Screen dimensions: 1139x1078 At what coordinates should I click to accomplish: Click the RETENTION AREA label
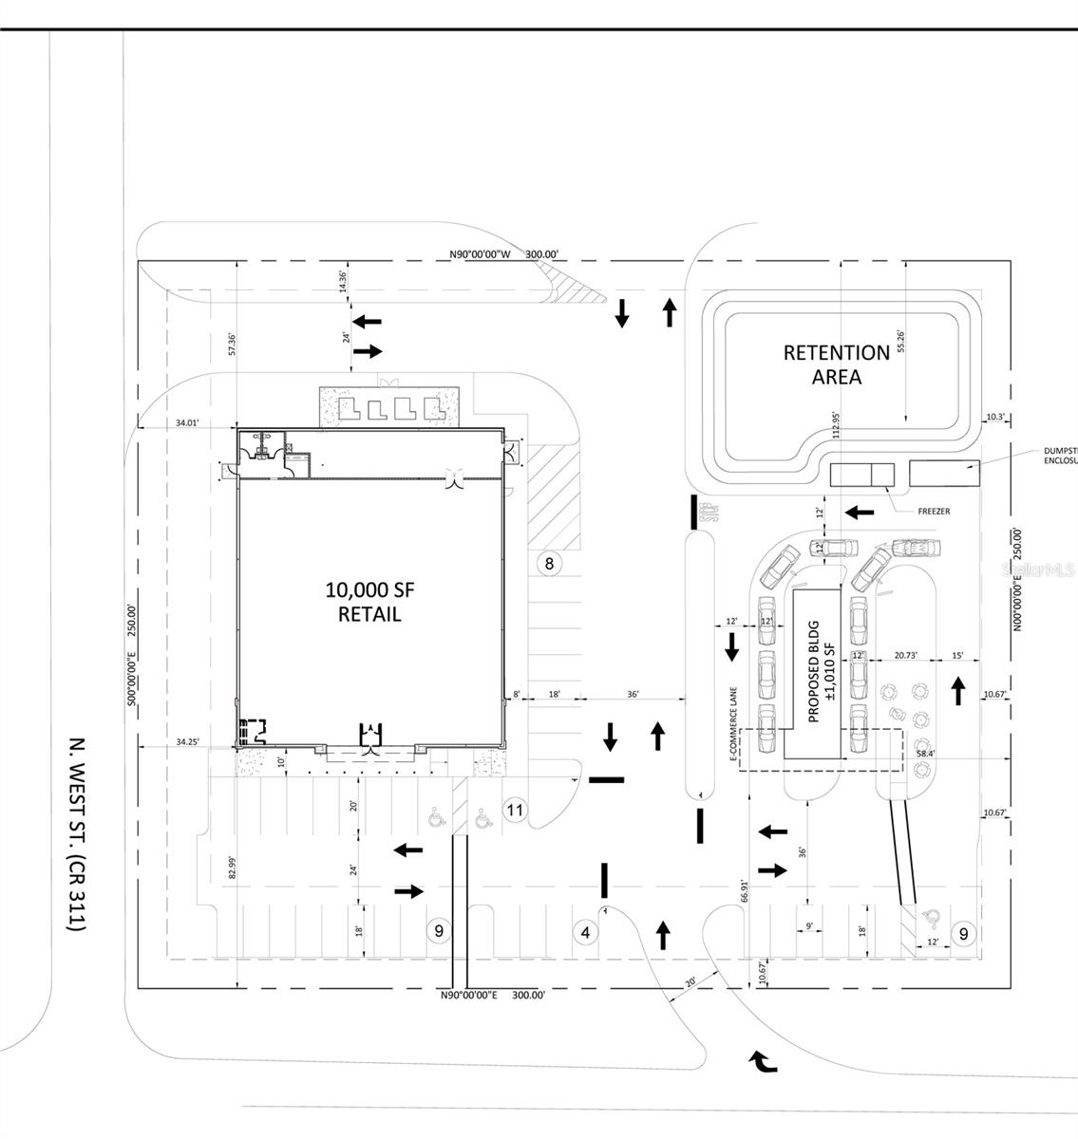[836, 364]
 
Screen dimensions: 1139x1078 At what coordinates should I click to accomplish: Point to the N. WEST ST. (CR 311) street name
[78, 833]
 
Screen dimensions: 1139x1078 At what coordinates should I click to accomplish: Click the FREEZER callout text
[934, 512]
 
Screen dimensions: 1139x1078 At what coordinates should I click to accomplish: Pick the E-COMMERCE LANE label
[733, 726]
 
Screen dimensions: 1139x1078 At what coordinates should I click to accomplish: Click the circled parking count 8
[548, 563]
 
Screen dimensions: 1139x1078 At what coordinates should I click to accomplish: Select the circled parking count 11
[515, 811]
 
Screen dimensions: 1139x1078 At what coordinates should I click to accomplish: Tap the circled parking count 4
[585, 933]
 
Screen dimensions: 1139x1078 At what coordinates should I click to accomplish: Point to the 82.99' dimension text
[231, 868]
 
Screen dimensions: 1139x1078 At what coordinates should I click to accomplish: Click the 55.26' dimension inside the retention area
[901, 342]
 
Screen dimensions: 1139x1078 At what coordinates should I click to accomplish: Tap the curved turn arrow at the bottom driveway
[763, 1061]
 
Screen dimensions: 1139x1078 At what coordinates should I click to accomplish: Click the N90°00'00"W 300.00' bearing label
[504, 254]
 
